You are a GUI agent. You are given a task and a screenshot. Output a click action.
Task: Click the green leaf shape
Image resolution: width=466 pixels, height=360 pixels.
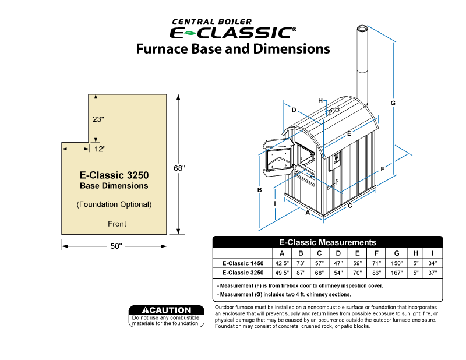pos(190,33)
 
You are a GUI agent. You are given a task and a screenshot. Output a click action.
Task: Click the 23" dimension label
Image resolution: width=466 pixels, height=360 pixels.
pos(98,119)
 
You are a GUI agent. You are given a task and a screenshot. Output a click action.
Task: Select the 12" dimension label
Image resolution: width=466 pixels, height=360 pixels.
pos(100,149)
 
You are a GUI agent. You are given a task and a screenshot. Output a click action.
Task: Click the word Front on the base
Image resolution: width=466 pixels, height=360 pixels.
pos(117,224)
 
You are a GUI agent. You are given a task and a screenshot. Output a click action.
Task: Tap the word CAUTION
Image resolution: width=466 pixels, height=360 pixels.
pos(171,310)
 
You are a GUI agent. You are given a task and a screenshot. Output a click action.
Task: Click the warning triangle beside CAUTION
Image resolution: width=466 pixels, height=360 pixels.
pos(146,310)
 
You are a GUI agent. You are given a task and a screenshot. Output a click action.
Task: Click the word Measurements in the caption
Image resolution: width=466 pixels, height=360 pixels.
pos(347,242)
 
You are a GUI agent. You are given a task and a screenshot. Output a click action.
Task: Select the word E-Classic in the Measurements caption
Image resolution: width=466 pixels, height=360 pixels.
pos(298,242)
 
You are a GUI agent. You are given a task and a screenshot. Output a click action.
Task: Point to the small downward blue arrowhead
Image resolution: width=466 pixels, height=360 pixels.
pos(327,112)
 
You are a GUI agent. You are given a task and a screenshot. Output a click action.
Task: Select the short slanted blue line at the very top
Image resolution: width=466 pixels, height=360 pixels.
pos(382,33)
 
